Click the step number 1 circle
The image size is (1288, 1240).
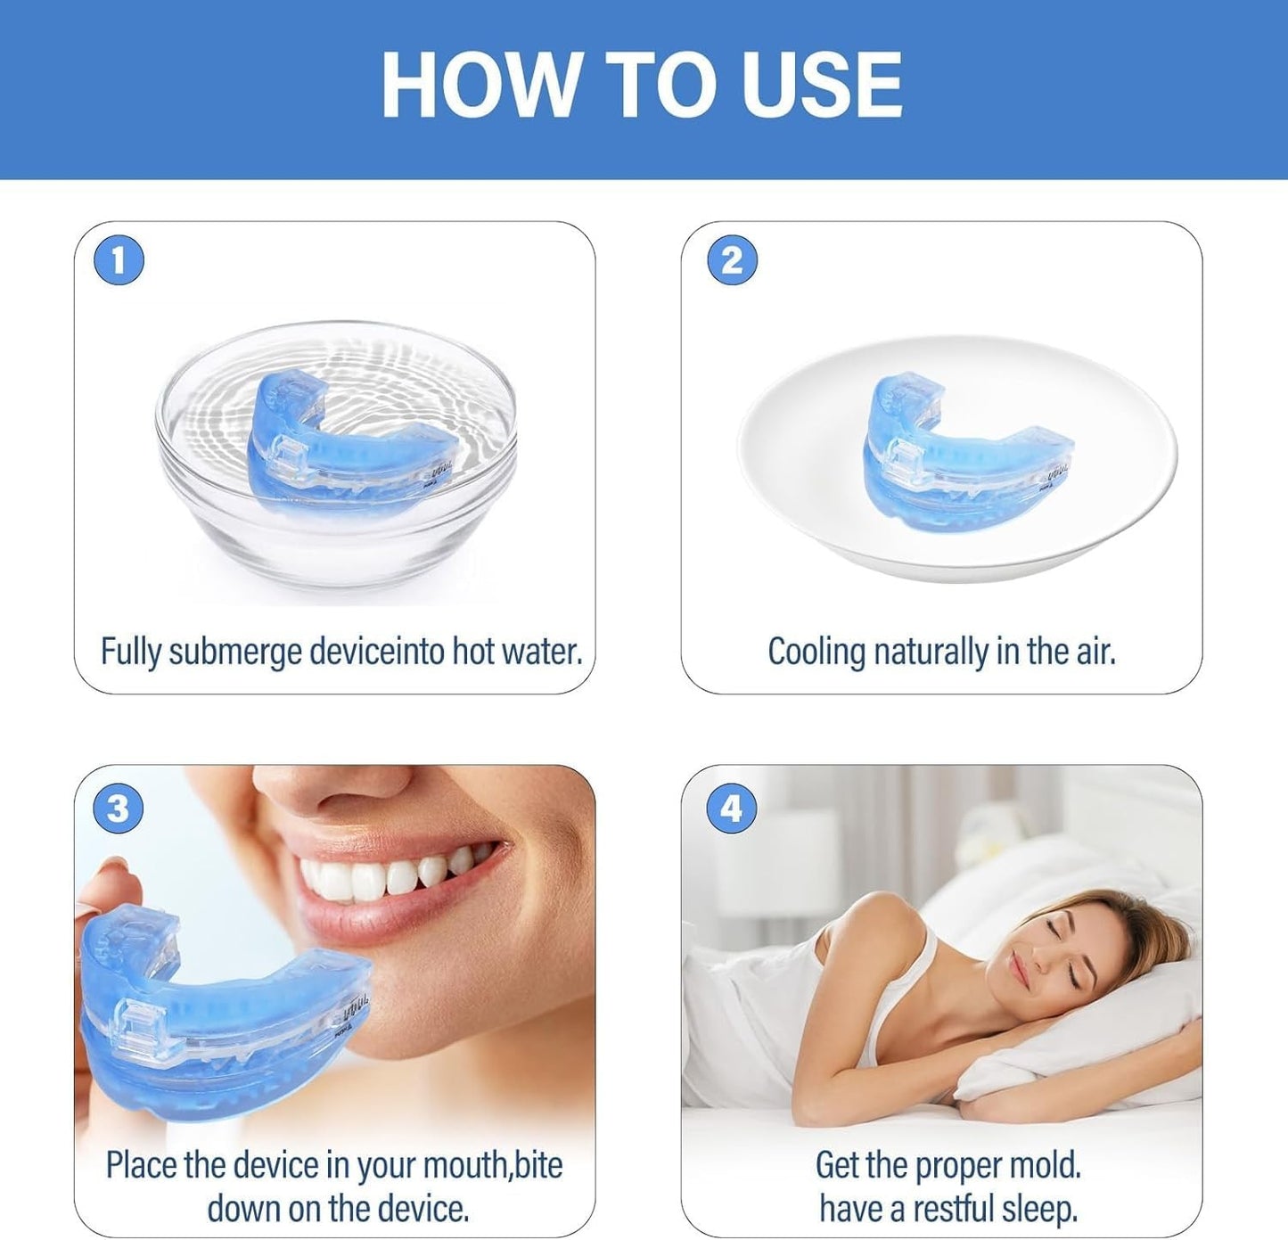119,260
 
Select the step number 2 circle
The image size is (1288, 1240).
732,260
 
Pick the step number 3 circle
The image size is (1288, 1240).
119,809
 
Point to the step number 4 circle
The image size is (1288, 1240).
732,809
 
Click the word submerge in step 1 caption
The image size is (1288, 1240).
236,652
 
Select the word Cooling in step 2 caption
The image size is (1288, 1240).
816,652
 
